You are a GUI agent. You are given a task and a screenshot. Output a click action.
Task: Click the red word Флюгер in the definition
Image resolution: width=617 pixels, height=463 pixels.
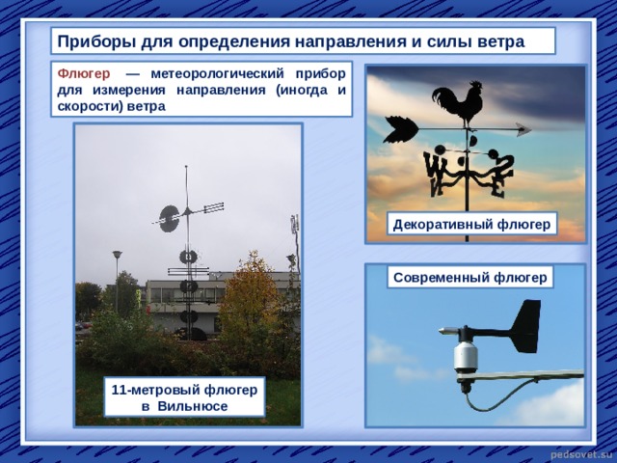click(x=84, y=73)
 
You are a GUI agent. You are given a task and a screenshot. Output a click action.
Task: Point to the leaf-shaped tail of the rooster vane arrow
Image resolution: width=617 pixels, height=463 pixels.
click(x=401, y=129)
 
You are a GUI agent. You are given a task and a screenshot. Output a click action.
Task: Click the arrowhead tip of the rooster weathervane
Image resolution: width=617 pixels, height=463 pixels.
click(x=531, y=128)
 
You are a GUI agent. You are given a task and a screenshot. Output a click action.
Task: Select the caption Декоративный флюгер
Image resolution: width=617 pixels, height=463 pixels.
click(x=471, y=224)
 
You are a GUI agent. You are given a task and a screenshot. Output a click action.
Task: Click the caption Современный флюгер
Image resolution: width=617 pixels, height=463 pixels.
click(x=469, y=277)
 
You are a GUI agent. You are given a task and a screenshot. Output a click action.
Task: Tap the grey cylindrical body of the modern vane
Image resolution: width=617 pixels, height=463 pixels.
click(x=466, y=356)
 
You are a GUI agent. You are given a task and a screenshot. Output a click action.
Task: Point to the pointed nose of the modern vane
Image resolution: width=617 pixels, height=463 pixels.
click(x=441, y=330)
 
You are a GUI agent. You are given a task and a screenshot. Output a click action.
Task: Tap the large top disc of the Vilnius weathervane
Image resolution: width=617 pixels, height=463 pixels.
click(x=170, y=219)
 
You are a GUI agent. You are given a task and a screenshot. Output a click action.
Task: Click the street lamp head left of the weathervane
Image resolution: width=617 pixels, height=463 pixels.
click(x=117, y=254)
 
